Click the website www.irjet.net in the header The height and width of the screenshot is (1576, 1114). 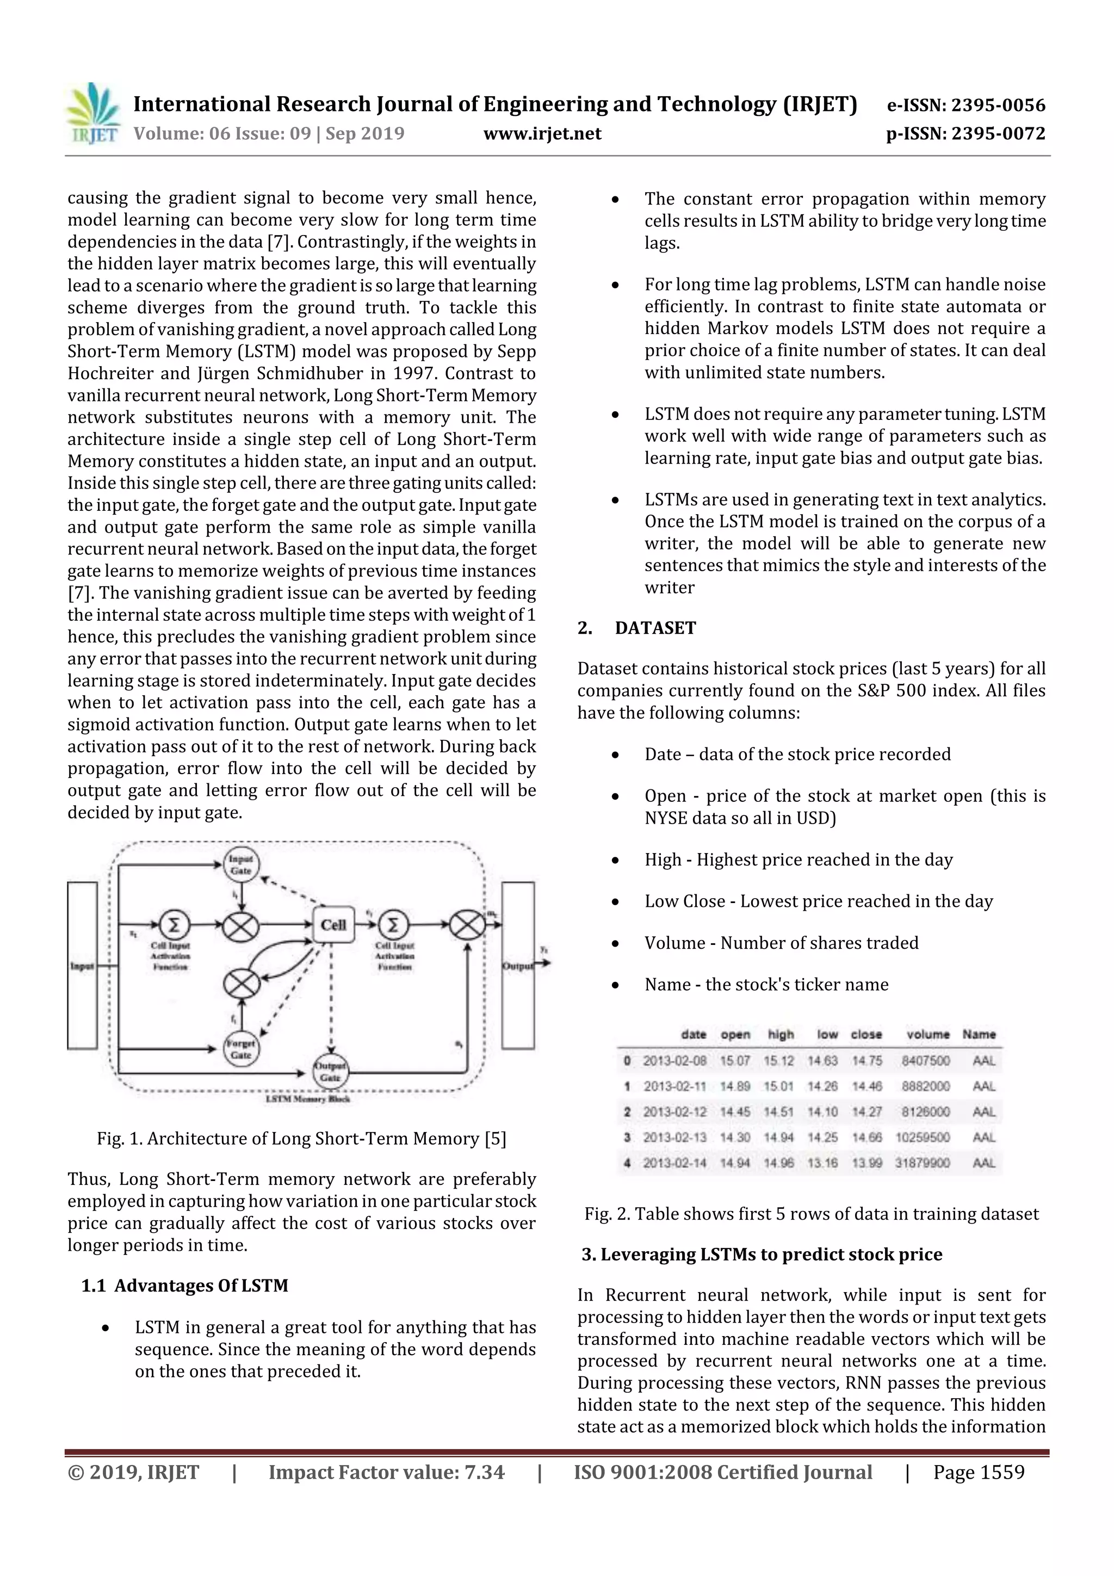click(542, 133)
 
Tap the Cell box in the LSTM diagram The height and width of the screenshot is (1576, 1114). click(333, 925)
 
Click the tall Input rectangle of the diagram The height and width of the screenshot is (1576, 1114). click(82, 965)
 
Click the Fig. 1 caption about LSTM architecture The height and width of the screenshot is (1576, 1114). click(301, 1139)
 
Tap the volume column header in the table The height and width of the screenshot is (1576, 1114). click(927, 1034)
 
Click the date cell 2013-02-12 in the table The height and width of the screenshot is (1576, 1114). click(674, 1111)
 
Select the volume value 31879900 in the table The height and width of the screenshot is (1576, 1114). click(923, 1163)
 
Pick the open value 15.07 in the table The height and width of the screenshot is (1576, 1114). click(734, 1060)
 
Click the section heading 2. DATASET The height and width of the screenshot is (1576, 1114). click(636, 628)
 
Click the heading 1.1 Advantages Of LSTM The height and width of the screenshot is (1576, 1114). click(184, 1285)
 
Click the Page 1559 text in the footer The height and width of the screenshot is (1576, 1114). click(978, 1472)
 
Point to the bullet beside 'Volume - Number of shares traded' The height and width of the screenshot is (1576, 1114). click(616, 944)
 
